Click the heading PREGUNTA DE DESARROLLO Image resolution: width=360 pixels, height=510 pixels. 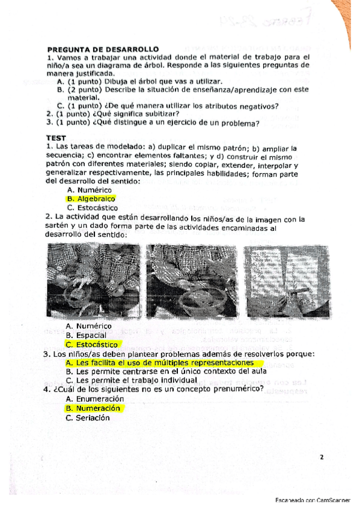click(x=102, y=49)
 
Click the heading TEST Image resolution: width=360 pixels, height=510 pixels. click(x=56, y=138)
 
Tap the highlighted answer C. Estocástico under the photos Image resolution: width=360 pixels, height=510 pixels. click(x=93, y=345)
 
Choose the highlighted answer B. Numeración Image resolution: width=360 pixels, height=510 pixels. click(x=93, y=408)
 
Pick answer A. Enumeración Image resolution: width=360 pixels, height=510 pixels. click(x=95, y=398)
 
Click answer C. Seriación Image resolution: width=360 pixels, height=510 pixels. click(x=88, y=417)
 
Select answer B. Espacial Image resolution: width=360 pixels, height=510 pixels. click(x=86, y=335)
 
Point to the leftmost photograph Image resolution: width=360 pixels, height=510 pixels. click(x=93, y=281)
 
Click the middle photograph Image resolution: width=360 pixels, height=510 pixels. click(x=191, y=281)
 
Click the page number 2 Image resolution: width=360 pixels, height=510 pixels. click(x=322, y=457)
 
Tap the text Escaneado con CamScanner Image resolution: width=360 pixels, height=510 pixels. click(x=313, y=500)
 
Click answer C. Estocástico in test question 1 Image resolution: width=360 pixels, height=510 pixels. click(x=92, y=207)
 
